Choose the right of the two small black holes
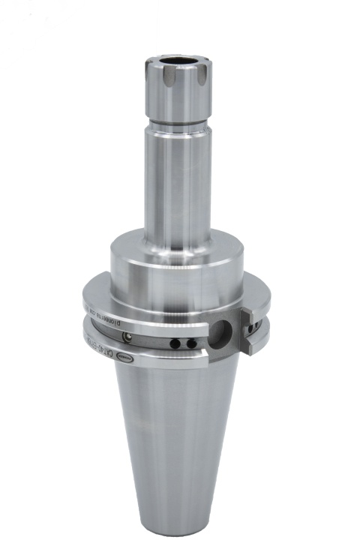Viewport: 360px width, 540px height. coord(192,343)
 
